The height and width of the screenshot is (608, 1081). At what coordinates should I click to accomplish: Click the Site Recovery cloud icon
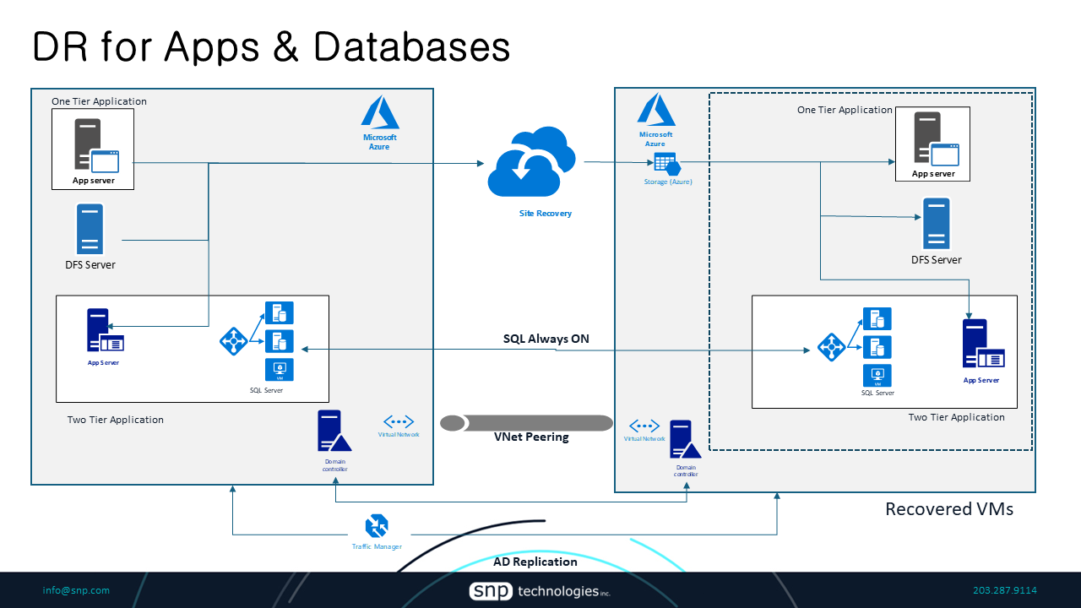coord(531,161)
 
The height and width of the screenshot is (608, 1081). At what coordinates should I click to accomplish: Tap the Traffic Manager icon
coord(377,526)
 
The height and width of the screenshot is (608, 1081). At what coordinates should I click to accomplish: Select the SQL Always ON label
coord(546,339)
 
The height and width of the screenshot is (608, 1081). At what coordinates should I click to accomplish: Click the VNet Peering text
coord(531,437)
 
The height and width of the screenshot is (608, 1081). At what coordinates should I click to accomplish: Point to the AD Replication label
coord(535,562)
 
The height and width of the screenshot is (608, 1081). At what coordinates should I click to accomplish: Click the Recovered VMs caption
coord(948,509)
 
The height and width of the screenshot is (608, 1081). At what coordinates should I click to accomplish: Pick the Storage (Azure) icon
coord(667,164)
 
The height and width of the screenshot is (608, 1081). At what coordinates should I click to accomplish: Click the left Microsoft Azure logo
coord(379,113)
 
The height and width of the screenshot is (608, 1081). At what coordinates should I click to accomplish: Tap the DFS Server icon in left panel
coord(90,229)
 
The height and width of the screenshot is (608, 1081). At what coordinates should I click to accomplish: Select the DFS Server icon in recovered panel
coord(936,223)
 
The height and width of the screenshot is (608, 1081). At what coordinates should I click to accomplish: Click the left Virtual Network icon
coord(399,421)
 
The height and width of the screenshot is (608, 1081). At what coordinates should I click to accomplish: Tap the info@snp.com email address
coord(76,590)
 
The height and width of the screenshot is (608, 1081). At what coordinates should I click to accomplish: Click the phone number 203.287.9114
coord(1005,590)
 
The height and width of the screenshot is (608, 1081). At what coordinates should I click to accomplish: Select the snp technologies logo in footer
coord(540,591)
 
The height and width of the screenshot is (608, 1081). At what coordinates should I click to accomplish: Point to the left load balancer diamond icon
coord(233,341)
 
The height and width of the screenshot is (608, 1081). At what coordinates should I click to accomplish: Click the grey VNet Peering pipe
coord(527,422)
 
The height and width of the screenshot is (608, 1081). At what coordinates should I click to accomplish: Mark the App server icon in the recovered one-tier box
coord(932,143)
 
